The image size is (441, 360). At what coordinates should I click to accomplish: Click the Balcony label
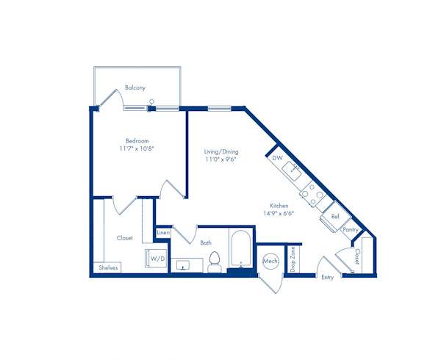coord(135,87)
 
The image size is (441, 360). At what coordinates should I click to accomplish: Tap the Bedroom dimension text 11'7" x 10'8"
coord(137,148)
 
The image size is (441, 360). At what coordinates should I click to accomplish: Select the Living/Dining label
coord(221,152)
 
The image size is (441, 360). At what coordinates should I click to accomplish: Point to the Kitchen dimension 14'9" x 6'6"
coord(279,213)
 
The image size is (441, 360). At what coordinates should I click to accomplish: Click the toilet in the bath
coord(215,262)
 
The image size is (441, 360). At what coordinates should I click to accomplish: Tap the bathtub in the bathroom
coord(241,248)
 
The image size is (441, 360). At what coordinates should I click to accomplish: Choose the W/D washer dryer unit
coord(156,259)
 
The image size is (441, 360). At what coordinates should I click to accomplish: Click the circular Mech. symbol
coord(270,261)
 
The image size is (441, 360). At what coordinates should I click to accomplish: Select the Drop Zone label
coord(293,259)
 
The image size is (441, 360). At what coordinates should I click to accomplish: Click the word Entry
coord(328,278)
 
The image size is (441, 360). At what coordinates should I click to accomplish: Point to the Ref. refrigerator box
coord(336,217)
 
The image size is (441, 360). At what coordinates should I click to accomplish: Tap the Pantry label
coord(351,230)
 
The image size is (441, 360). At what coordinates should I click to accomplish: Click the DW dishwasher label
coord(277,158)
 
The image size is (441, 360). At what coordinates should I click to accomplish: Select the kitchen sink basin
coord(292,171)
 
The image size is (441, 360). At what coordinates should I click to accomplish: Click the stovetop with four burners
coord(313,194)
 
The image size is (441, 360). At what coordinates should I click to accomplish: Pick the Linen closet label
coord(163,233)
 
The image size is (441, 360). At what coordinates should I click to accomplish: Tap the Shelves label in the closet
coord(108,268)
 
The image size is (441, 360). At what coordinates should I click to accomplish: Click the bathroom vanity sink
coord(183,265)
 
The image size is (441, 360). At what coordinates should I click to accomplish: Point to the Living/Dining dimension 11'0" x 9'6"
coord(220,159)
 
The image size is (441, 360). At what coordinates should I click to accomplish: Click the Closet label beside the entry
coord(357,256)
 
